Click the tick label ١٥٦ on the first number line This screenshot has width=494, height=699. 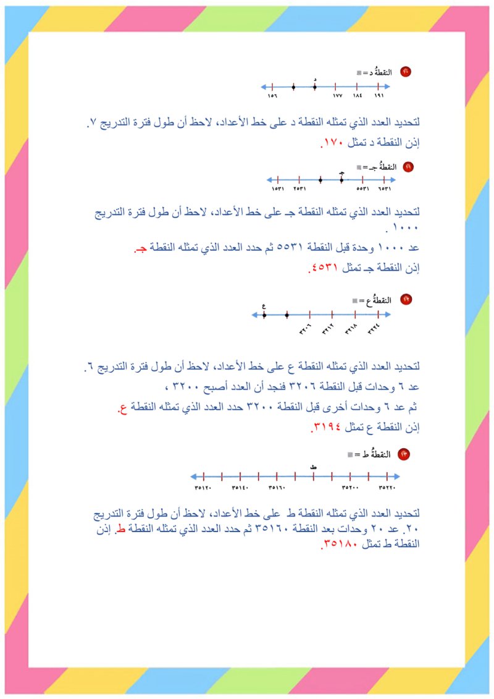272,96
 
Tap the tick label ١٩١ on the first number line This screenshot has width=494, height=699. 380,96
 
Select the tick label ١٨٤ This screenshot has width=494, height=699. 358,96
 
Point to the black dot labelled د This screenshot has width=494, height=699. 315,87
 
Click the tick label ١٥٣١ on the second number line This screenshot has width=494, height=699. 278,189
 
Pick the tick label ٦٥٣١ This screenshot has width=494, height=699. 385,189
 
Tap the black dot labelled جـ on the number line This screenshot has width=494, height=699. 341,180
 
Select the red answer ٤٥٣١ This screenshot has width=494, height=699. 320,269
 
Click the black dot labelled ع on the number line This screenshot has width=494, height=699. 264,315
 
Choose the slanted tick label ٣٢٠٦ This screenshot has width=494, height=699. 306,330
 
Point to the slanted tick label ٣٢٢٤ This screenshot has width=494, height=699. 374,330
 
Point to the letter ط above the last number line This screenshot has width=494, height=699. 314,467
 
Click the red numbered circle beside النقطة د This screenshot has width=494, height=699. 405,72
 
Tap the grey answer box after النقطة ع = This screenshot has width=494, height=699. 355,300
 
